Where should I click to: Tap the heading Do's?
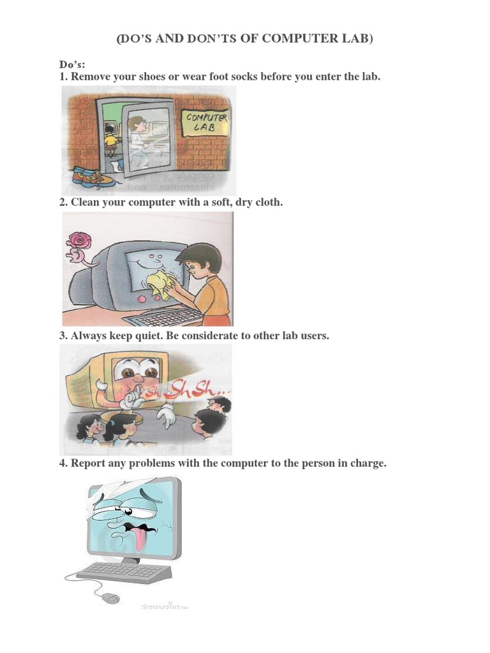click(x=71, y=65)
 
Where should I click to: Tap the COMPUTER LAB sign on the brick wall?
click(x=205, y=122)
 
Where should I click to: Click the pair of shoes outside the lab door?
click(x=93, y=176)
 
